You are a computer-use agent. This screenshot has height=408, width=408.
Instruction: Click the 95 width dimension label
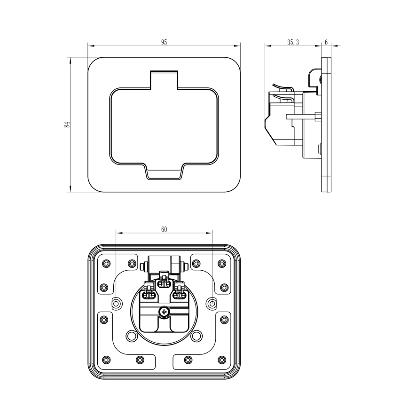pyautogui.click(x=164, y=42)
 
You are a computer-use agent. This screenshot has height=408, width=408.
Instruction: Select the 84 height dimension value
pyautogui.click(x=67, y=125)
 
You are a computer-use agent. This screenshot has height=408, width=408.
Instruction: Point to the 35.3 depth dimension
pyautogui.click(x=292, y=42)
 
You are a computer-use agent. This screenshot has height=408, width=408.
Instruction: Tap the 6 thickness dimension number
pyautogui.click(x=326, y=42)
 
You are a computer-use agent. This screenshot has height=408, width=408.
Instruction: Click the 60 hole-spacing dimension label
pyautogui.click(x=164, y=229)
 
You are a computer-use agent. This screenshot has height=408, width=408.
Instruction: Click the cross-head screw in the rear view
pyautogui.click(x=164, y=311)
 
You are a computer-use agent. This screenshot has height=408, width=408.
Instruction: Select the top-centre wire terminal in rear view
pyautogui.click(x=164, y=282)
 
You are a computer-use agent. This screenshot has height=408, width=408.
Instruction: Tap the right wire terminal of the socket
pyautogui.click(x=179, y=295)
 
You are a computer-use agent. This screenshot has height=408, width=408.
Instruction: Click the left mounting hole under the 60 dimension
pyautogui.click(x=116, y=304)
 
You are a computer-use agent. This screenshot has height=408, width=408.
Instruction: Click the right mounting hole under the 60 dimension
pyautogui.click(x=212, y=304)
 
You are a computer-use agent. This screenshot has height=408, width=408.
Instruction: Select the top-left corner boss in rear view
pyautogui.click(x=105, y=263)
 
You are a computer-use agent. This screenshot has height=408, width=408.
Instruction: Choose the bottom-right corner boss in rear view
pyautogui.click(x=223, y=360)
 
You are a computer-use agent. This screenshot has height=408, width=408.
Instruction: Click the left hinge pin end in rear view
pyautogui.click(x=141, y=267)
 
